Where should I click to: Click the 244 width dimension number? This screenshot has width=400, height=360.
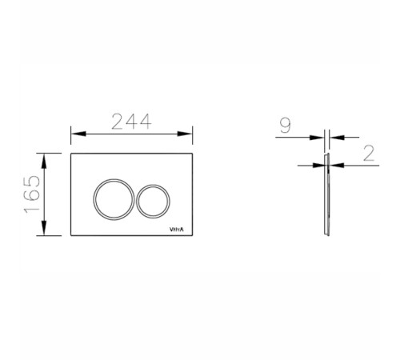[x=131, y=122]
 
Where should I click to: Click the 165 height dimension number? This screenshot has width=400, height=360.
[x=32, y=194]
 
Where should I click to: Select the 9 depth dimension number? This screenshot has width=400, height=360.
[x=286, y=125]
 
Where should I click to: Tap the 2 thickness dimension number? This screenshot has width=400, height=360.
[x=369, y=153]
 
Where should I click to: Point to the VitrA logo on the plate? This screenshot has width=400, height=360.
[x=177, y=230]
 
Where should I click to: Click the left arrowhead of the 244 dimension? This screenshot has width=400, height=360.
[x=78, y=134]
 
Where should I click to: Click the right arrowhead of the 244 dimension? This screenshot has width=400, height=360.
[x=185, y=134]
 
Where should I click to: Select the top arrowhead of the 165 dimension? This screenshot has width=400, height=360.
[x=44, y=161]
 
